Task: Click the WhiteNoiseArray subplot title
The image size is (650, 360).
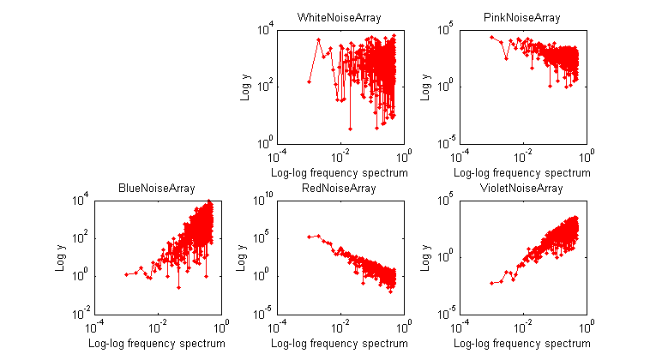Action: pyautogui.click(x=339, y=17)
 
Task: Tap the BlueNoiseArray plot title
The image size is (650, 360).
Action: pyautogui.click(x=156, y=188)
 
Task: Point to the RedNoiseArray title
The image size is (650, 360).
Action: pyautogui.click(x=339, y=188)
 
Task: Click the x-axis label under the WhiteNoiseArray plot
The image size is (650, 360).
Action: pyautogui.click(x=340, y=172)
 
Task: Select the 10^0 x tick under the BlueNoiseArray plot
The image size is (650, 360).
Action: pyautogui.click(x=220, y=327)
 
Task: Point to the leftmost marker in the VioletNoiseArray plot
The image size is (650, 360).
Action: pyautogui.click(x=491, y=283)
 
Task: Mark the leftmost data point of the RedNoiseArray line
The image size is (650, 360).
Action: pyautogui.click(x=309, y=237)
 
